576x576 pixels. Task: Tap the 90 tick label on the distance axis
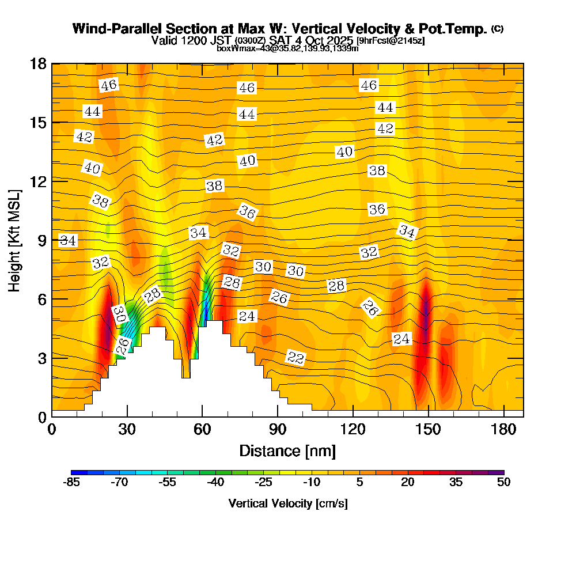(278, 429)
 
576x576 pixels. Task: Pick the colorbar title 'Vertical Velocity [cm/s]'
(287, 503)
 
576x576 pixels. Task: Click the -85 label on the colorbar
(71, 482)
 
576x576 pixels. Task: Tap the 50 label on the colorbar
(503, 482)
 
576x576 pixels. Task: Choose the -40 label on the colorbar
(215, 482)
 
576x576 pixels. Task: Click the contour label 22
(295, 358)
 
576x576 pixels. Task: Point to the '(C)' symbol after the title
(497, 28)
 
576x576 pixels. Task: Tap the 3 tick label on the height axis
(41, 358)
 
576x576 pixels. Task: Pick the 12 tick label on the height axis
(38, 181)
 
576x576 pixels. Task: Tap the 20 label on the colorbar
(407, 482)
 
